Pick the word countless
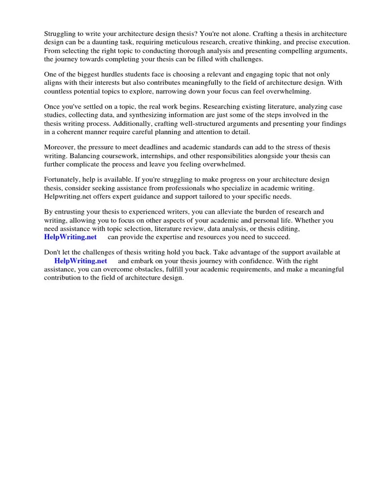[59, 92]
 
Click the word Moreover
[60, 147]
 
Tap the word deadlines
[168, 147]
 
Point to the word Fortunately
[63, 179]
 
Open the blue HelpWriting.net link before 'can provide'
[70, 237]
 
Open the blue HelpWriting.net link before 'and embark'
[80, 261]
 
